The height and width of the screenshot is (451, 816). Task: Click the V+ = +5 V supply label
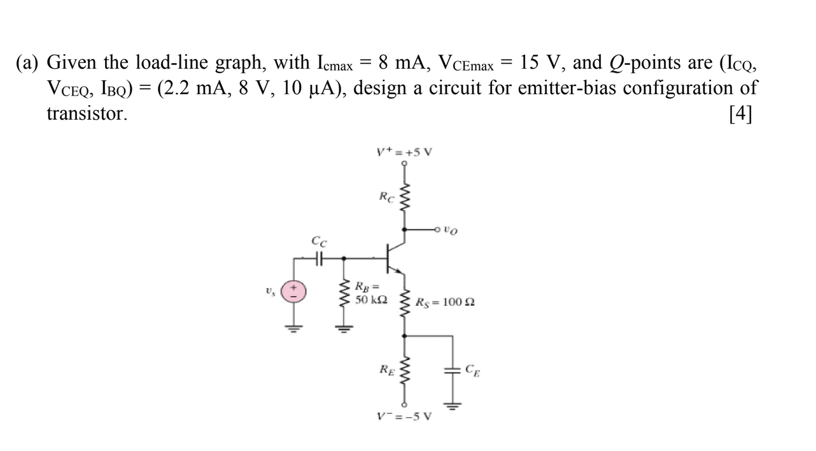pos(404,153)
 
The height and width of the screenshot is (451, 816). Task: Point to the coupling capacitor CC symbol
pos(320,258)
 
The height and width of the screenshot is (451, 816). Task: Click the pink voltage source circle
pos(294,292)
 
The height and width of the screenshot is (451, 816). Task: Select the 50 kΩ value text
pos(367,299)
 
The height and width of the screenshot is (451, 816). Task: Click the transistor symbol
pos(395,258)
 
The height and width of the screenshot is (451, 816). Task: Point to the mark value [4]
pos(740,113)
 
